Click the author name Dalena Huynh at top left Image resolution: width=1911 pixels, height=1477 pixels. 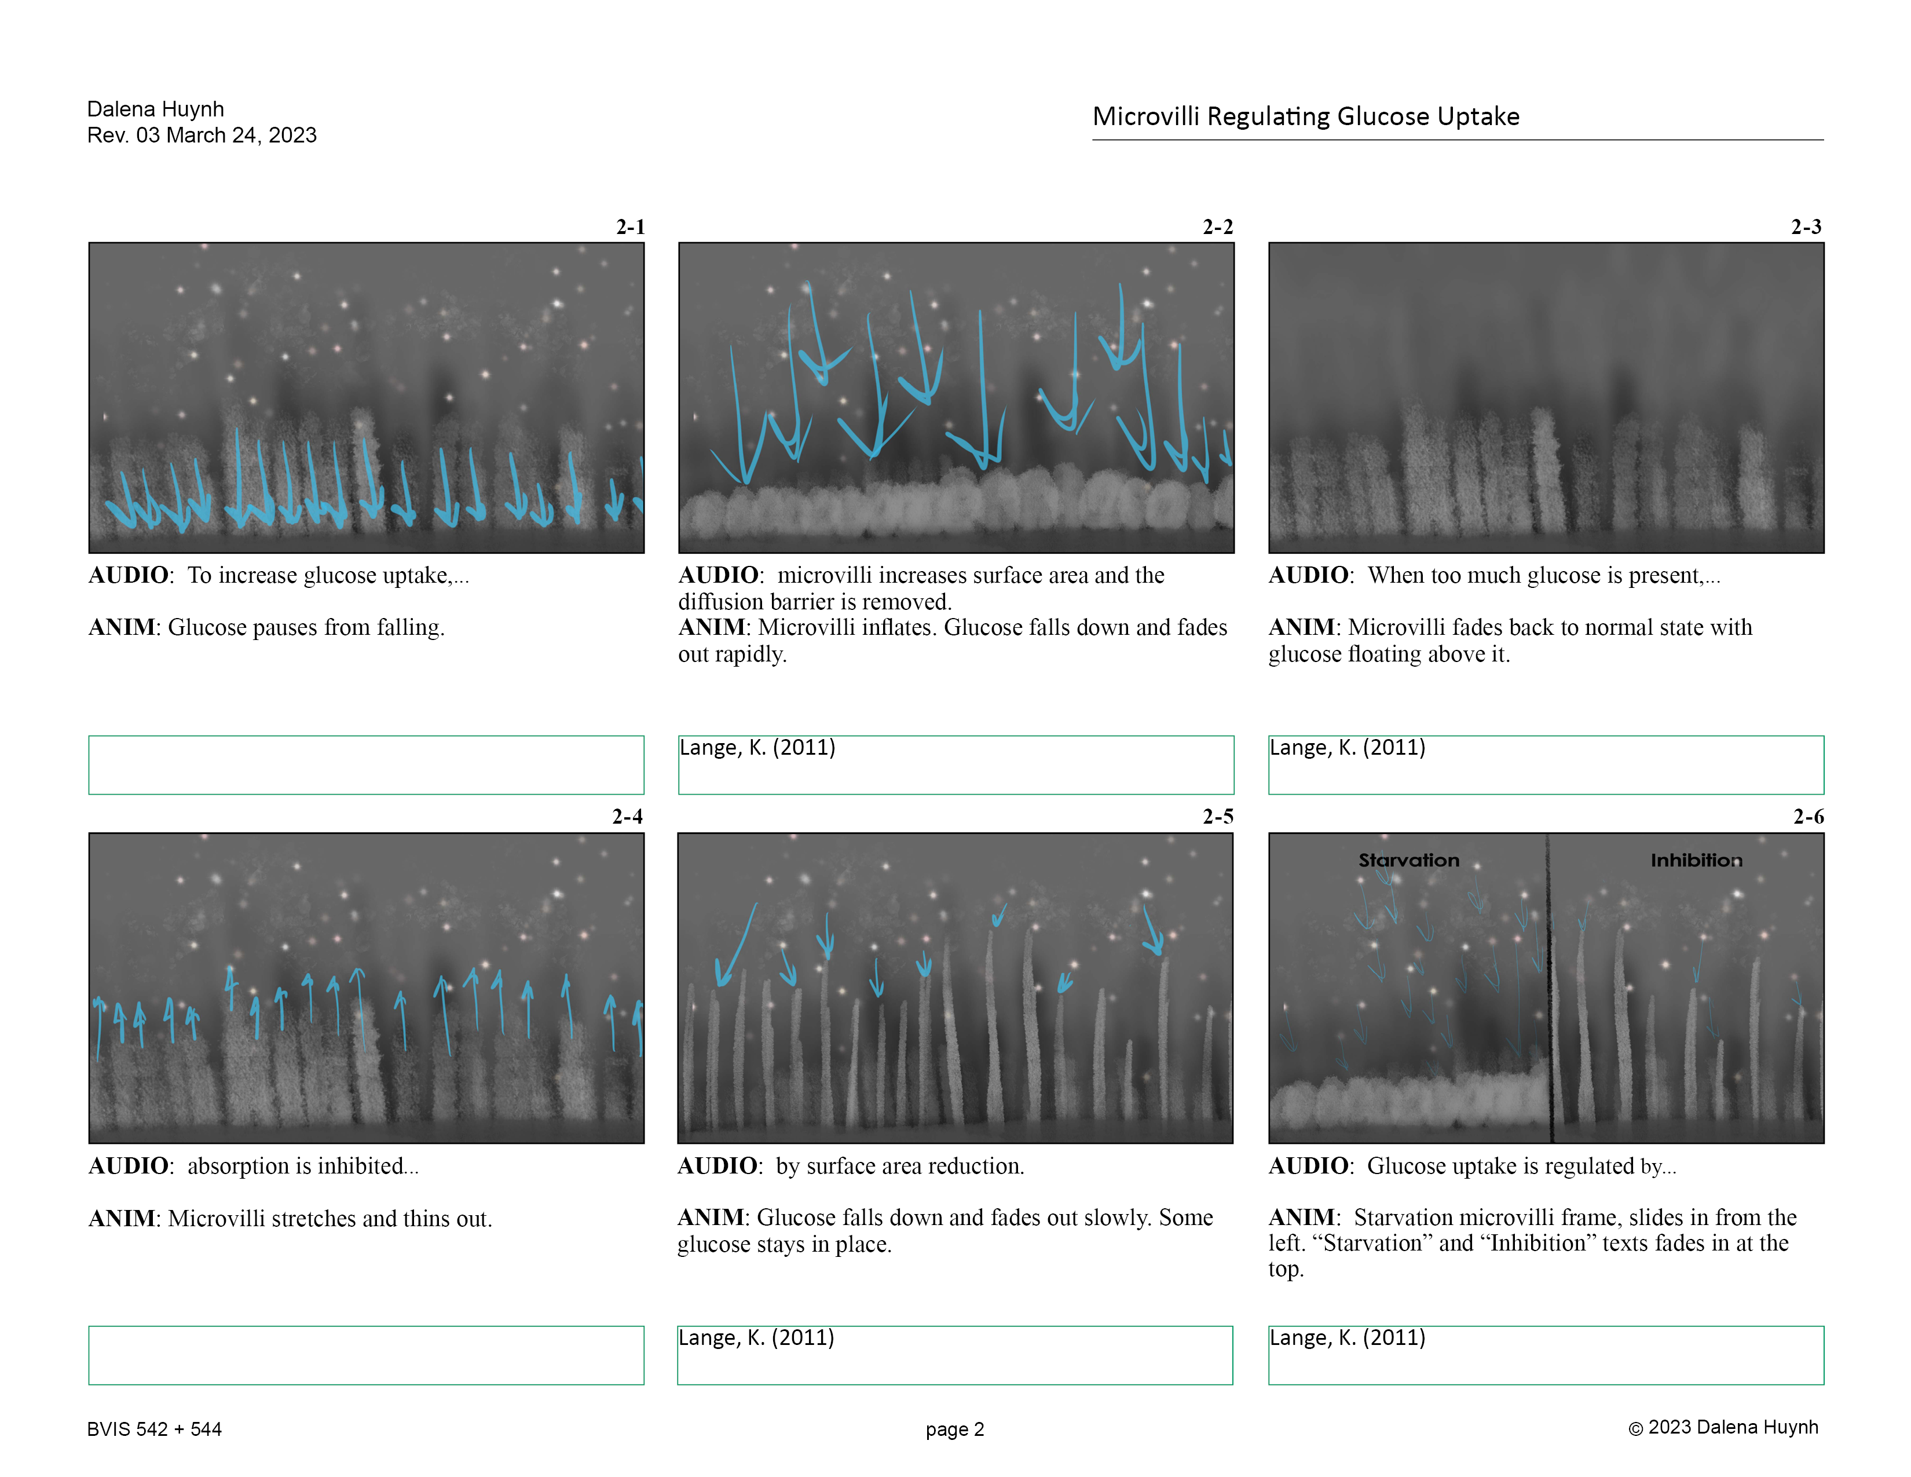(x=156, y=109)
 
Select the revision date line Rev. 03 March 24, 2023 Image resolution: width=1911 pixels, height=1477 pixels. (x=202, y=136)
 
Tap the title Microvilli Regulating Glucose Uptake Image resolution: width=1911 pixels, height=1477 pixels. (x=1305, y=116)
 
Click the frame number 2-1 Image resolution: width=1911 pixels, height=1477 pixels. (x=630, y=228)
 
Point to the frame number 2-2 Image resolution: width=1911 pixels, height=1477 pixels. (x=1217, y=228)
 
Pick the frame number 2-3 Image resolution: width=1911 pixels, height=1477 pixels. (x=1806, y=228)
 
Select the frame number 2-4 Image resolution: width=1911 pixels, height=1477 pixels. (x=627, y=817)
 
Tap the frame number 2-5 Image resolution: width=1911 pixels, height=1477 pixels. (x=1217, y=817)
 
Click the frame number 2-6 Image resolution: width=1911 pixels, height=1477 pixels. (x=1808, y=817)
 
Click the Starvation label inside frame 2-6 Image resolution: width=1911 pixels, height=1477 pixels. (x=1409, y=860)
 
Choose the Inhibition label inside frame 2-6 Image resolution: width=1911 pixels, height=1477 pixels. (x=1696, y=860)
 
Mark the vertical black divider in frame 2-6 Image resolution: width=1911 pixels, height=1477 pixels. (x=1548, y=989)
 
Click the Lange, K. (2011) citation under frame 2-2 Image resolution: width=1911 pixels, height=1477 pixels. (x=757, y=748)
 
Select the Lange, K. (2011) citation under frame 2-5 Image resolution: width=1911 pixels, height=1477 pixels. (x=756, y=1338)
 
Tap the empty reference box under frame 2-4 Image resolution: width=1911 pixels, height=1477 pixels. (x=366, y=1355)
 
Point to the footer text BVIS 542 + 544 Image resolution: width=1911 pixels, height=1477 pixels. (x=154, y=1429)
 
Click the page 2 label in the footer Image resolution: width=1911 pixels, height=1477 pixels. (x=954, y=1429)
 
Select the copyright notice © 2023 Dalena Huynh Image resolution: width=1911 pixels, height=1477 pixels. (x=1722, y=1427)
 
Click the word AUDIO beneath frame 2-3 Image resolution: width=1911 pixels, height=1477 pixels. (x=1309, y=576)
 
